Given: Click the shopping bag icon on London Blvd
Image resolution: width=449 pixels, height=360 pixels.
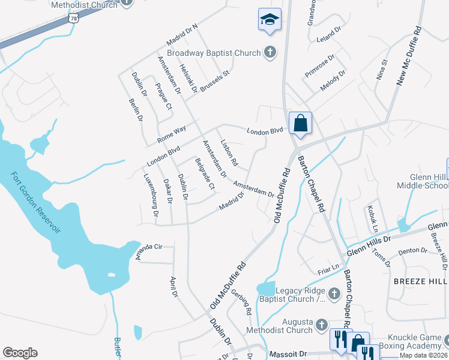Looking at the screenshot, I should pos(300,124).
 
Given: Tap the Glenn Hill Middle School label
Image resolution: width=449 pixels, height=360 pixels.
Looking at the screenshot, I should pos(421,181).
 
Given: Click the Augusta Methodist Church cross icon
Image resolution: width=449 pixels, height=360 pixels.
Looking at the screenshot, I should pos(321,325).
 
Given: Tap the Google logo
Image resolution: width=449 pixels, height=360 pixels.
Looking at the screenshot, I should pos(20,353).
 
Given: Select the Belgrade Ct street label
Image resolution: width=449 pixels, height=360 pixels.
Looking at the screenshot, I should pos(205,173).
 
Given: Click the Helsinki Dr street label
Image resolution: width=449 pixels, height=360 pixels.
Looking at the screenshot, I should pos(188,79).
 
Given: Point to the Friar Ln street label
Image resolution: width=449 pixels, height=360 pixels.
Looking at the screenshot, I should pos(329,266).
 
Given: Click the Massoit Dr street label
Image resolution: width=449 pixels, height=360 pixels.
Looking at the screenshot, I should pos(288,355).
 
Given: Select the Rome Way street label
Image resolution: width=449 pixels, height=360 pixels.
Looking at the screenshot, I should pos(172,134).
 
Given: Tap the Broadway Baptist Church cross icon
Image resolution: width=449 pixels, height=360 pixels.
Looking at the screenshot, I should pos(270,52).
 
